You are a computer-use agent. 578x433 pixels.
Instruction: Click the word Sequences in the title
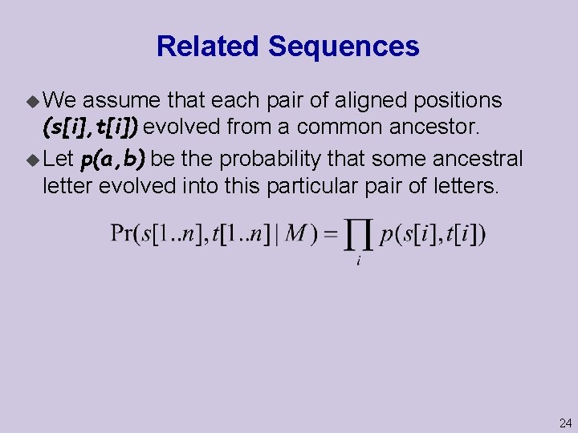click(344, 47)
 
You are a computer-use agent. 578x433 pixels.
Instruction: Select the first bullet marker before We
click(33, 101)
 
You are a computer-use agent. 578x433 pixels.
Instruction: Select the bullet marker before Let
click(33, 160)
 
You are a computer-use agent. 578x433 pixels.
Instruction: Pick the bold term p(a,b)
click(113, 159)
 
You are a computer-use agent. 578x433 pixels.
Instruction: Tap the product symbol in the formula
click(358, 236)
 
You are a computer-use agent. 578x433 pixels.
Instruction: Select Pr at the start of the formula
click(122, 235)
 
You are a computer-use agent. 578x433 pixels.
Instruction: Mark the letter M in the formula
click(295, 235)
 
